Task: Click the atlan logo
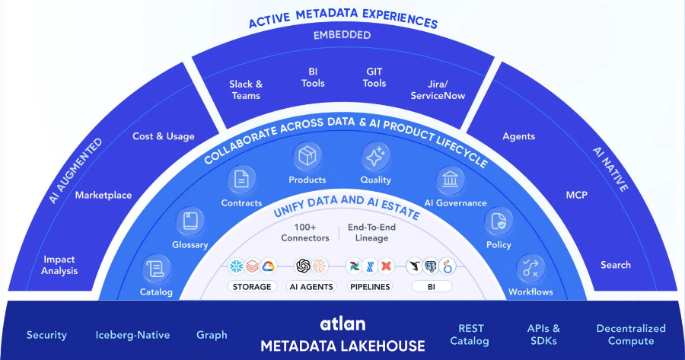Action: click(x=342, y=324)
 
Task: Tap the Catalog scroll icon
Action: click(x=156, y=269)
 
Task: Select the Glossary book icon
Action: click(x=190, y=221)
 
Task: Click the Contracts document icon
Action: click(x=241, y=180)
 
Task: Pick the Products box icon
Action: click(x=307, y=157)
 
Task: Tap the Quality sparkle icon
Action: click(x=375, y=157)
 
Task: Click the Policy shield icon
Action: click(x=499, y=221)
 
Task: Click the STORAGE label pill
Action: click(x=252, y=287)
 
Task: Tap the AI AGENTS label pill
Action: click(x=311, y=287)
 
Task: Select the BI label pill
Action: click(x=431, y=287)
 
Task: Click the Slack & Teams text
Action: click(x=245, y=90)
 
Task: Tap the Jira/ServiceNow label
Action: click(x=438, y=90)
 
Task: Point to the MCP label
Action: click(x=576, y=194)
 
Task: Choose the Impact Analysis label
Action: click(x=60, y=265)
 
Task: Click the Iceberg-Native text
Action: click(x=132, y=335)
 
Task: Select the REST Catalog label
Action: click(x=470, y=335)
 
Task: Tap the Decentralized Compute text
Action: click(x=630, y=335)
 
